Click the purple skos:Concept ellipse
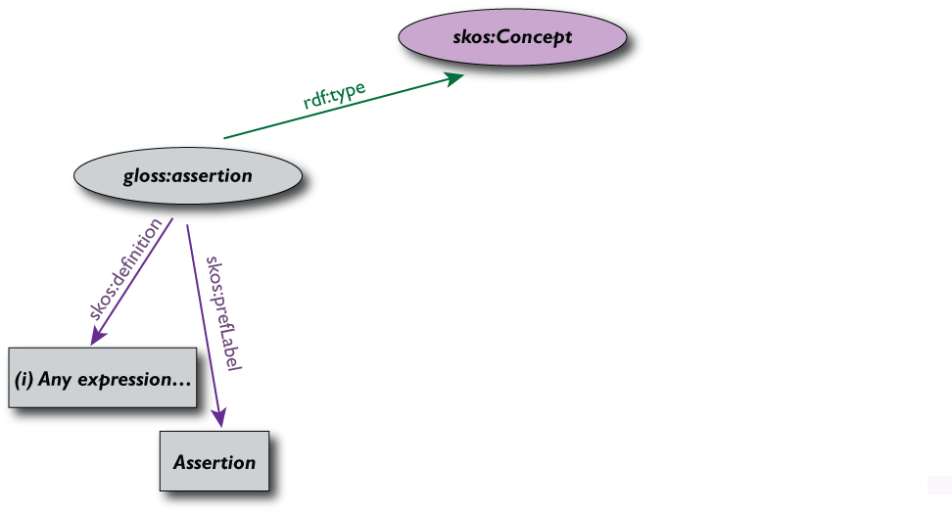(512, 38)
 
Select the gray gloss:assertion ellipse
(187, 176)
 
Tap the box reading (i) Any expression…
(102, 378)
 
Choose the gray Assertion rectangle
(214, 462)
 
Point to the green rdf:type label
(334, 97)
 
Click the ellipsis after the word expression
(179, 381)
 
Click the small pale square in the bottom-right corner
(939, 484)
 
